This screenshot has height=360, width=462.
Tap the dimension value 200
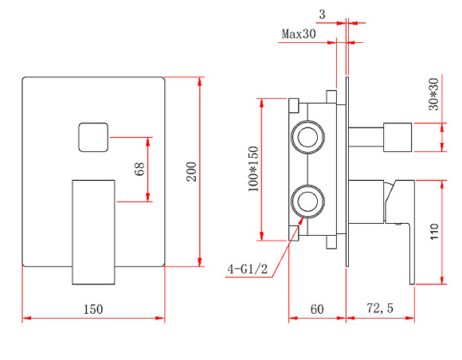tap(191, 171)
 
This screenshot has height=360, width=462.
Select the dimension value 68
tap(140, 169)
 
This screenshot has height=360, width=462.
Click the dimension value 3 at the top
tap(321, 14)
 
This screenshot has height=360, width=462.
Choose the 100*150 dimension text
tap(253, 168)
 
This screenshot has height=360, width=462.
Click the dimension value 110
tap(434, 232)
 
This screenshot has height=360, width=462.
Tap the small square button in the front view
tap(93, 138)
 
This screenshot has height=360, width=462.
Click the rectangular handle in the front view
tap(94, 231)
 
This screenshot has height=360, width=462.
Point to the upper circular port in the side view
tap(307, 136)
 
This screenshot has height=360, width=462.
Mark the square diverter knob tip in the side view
tap(397, 136)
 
